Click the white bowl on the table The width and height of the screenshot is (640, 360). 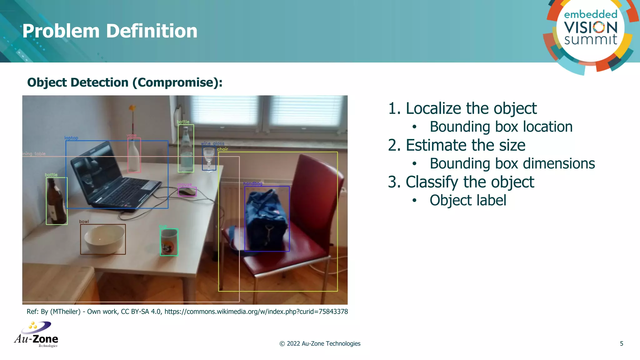(103, 239)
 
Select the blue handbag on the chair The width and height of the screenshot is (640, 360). (266, 219)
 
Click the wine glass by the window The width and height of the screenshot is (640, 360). (209, 158)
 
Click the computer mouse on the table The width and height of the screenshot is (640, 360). (187, 192)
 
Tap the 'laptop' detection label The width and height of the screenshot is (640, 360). (71, 138)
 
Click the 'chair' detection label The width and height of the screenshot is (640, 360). (222, 149)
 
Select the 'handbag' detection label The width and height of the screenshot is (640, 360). (253, 183)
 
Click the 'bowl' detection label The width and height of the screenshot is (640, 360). (84, 222)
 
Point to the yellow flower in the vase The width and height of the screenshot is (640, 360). (132, 108)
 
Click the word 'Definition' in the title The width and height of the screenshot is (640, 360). (152, 31)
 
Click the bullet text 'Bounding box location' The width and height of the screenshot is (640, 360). (501, 127)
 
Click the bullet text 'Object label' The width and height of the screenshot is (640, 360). (468, 200)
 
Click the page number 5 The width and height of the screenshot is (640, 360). (621, 343)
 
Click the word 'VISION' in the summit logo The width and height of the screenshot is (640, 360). (590, 27)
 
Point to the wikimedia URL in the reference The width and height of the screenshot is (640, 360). (256, 312)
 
